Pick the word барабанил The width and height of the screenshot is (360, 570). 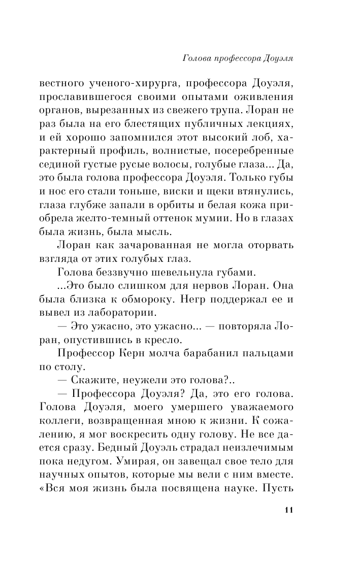coord(214,351)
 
